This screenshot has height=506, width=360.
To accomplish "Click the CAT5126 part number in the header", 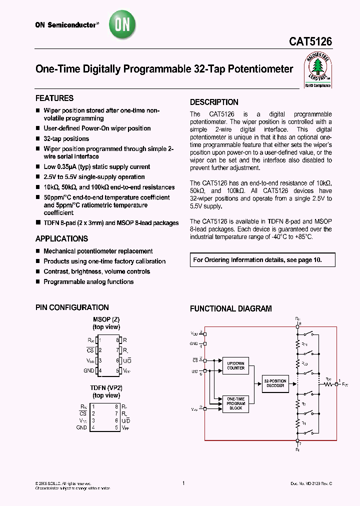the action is [310, 43].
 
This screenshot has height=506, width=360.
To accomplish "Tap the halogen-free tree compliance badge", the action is [318, 70].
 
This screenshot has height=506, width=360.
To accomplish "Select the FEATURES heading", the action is [54, 98].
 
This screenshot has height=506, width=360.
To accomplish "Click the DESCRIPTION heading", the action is [214, 102].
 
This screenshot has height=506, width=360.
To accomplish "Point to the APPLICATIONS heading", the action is [61, 238].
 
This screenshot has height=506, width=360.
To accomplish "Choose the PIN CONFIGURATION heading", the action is [72, 307].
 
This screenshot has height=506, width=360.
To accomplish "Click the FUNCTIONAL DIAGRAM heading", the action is [230, 308].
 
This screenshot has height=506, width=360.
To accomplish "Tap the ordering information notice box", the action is [262, 260].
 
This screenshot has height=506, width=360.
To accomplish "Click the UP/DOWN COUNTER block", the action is [235, 365].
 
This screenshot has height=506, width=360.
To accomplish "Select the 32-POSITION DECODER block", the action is [275, 383].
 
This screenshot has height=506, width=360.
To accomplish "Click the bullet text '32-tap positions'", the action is [66, 138].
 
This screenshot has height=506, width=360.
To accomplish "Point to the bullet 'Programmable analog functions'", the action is [88, 281].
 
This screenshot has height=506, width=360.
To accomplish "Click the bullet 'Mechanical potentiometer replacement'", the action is [98, 251].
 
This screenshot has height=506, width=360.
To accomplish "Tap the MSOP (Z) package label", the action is [106, 319].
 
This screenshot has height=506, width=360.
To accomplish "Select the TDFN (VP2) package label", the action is [106, 388].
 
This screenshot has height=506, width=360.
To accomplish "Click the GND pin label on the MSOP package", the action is [89, 370].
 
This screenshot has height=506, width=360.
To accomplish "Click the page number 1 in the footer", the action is [183, 483].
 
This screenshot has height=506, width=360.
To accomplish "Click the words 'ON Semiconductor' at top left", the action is [65, 24].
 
